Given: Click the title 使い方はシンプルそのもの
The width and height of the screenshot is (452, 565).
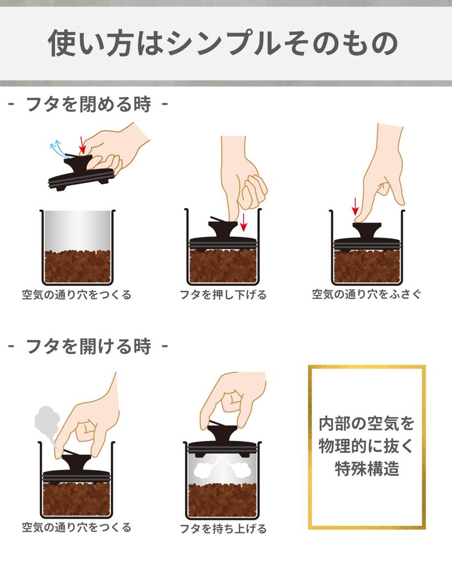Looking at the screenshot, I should click(x=222, y=43).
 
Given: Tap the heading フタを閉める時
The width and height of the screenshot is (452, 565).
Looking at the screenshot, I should click(x=88, y=104).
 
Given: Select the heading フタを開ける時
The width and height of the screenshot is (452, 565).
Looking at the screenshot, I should click(x=88, y=347).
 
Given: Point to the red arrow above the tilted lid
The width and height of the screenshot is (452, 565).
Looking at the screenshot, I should click(x=82, y=145).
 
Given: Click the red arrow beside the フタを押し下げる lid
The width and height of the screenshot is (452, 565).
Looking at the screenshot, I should click(x=243, y=222).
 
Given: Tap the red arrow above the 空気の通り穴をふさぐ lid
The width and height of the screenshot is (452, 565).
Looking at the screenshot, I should click(x=355, y=207).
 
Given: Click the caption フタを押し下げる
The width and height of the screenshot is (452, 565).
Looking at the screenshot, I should click(x=223, y=295).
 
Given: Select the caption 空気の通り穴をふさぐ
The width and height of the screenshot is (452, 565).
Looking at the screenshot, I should click(x=366, y=294).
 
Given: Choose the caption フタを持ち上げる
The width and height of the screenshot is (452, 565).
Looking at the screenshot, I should click(x=223, y=529).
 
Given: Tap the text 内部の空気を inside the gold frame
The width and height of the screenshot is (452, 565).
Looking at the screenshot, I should click(x=366, y=424).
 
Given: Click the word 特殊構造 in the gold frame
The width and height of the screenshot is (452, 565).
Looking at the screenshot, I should click(x=366, y=469).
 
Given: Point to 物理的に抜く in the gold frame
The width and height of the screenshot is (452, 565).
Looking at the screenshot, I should click(x=366, y=446).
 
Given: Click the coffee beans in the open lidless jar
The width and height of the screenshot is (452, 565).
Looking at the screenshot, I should click(x=78, y=266).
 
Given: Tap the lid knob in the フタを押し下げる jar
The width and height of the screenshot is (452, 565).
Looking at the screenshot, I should click(x=222, y=227).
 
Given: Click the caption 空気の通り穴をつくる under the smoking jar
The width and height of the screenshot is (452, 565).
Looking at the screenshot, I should click(x=77, y=527).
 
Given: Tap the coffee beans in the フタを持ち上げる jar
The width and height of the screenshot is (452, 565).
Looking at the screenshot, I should click(x=223, y=499).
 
